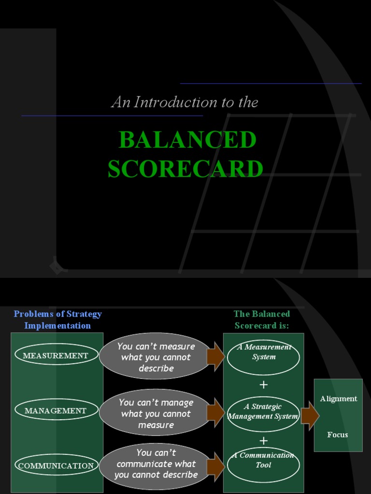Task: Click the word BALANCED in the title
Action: pos(187,140)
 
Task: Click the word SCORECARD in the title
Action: pos(185,169)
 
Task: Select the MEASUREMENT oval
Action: pos(57,356)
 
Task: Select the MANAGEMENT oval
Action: pos(56,411)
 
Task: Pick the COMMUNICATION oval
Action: pos(56,466)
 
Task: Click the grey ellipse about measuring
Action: pos(156,357)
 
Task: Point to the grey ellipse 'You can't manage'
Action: pos(156,413)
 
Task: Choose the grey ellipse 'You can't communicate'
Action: pos(156,464)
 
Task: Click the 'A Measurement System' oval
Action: pos(263,357)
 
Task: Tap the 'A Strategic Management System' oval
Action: pos(263,412)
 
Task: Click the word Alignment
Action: pos(339,398)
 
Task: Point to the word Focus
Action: pos(337,435)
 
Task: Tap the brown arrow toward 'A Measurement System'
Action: pos(216,357)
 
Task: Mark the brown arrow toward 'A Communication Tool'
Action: pos(216,467)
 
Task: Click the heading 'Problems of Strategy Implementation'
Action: pos(57,319)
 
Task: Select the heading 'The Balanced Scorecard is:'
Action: pos(262,319)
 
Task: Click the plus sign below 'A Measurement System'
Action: pos(263,385)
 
